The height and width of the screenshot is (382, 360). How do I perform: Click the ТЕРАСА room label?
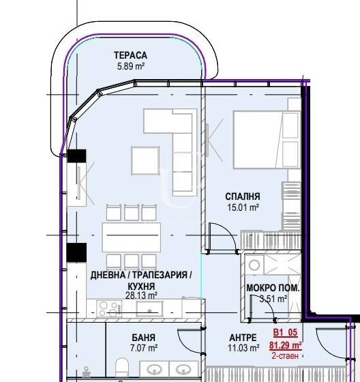(x=130, y=55)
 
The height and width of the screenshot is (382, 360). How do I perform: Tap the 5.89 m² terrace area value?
(x=131, y=66)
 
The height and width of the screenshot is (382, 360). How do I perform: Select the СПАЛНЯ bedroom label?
(x=243, y=196)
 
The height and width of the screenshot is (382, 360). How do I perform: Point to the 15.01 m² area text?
(x=243, y=207)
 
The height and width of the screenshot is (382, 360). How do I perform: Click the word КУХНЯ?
(x=141, y=286)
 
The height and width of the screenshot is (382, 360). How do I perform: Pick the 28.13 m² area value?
(x=141, y=295)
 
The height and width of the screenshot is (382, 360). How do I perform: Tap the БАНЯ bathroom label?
(x=144, y=338)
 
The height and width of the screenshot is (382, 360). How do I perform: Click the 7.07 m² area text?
(x=144, y=348)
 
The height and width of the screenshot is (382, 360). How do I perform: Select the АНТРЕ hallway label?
(x=243, y=338)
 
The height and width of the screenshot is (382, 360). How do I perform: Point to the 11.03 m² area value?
(x=243, y=348)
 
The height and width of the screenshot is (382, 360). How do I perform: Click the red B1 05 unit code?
(x=285, y=332)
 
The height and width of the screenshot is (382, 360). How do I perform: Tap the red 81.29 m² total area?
(x=286, y=345)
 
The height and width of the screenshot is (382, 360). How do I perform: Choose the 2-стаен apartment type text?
(x=285, y=355)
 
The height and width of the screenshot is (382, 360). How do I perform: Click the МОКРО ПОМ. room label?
(x=273, y=288)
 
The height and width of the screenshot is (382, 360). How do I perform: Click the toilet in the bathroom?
(x=122, y=368)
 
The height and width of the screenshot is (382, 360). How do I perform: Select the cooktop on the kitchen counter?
(x=109, y=308)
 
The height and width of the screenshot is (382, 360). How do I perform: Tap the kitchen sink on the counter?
(x=149, y=308)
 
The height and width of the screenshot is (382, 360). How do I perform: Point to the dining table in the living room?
(x=132, y=237)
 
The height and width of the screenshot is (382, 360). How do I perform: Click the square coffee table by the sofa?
(x=145, y=160)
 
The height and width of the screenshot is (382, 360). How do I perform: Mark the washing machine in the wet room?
(x=254, y=265)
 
